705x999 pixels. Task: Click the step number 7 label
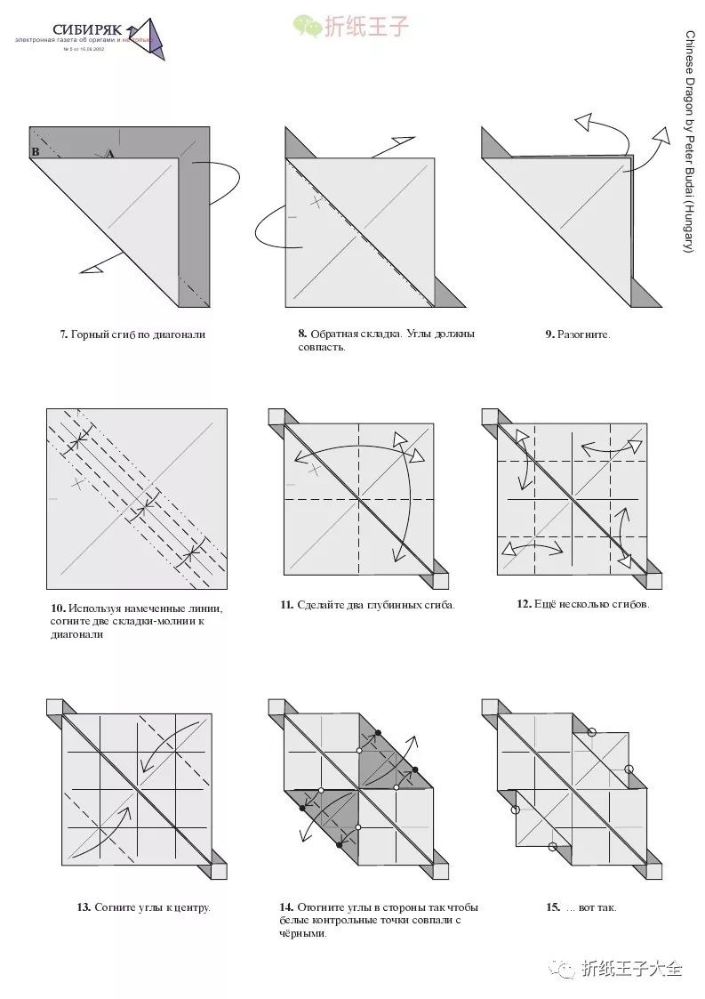point(64,335)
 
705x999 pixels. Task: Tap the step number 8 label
point(302,334)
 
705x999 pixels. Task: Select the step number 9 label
point(549,335)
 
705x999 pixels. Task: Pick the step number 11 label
point(286,605)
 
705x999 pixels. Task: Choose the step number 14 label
point(286,908)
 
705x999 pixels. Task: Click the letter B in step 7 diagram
point(36,152)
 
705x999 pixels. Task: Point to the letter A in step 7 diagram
point(110,154)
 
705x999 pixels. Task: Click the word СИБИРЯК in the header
point(86,30)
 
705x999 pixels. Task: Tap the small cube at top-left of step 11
point(276,416)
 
